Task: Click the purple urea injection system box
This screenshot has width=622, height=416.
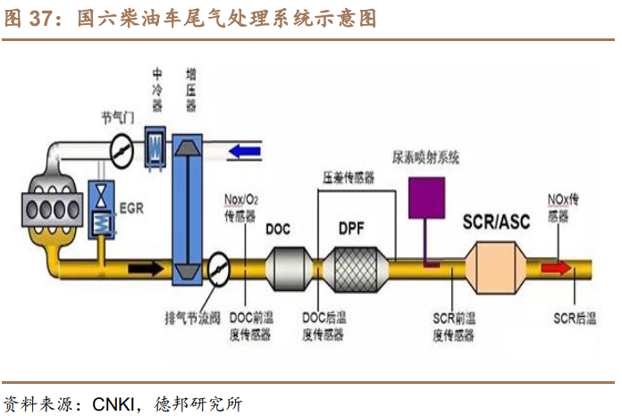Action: (428, 197)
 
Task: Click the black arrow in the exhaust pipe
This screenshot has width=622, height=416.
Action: (146, 267)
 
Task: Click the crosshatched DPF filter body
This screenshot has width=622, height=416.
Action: (358, 266)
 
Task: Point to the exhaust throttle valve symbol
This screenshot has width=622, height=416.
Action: (218, 266)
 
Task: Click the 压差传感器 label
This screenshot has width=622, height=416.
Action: (349, 177)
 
